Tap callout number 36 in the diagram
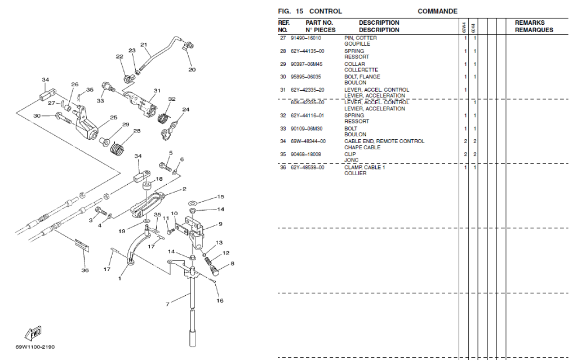[85, 270]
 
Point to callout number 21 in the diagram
[144, 45]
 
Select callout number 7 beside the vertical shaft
[167, 305]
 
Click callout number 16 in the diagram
[220, 300]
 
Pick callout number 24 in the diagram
[185, 110]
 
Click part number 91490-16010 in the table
[305, 38]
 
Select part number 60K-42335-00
[307, 103]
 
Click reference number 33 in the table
[283, 128]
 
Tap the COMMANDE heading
[437, 11]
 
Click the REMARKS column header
[529, 23]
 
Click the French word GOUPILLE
[357, 44]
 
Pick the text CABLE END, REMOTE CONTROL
[384, 141]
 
